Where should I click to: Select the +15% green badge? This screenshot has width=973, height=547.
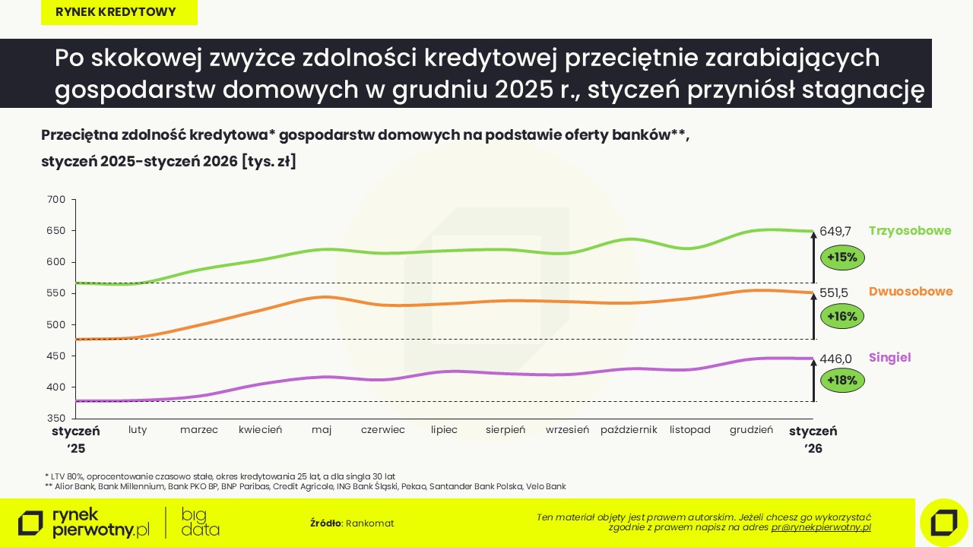[x=842, y=258]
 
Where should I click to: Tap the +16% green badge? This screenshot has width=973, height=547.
[x=842, y=316]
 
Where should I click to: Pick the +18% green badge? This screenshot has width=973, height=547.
[x=842, y=380]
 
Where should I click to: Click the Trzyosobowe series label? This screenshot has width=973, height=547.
[x=910, y=231]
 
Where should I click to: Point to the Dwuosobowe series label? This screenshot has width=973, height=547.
[x=911, y=292]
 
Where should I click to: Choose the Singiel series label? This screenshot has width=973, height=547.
[x=889, y=358]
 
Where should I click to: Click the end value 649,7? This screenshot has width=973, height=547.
[x=835, y=231]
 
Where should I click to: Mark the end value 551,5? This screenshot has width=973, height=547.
[x=834, y=292]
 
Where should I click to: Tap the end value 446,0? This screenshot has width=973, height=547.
[x=835, y=359]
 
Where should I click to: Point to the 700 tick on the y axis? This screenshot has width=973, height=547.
[x=57, y=200]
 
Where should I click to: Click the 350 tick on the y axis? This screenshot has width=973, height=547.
[x=57, y=419]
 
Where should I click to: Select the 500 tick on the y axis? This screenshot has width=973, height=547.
[x=57, y=325]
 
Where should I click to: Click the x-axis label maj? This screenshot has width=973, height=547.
[x=322, y=430]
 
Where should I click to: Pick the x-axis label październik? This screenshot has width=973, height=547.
[x=629, y=430]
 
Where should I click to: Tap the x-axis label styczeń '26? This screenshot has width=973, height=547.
[x=813, y=439]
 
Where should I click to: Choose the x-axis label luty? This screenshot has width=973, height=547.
[x=138, y=430]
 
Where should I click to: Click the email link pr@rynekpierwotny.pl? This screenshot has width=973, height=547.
[x=821, y=527]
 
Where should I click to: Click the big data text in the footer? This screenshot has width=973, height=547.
[x=201, y=522]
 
